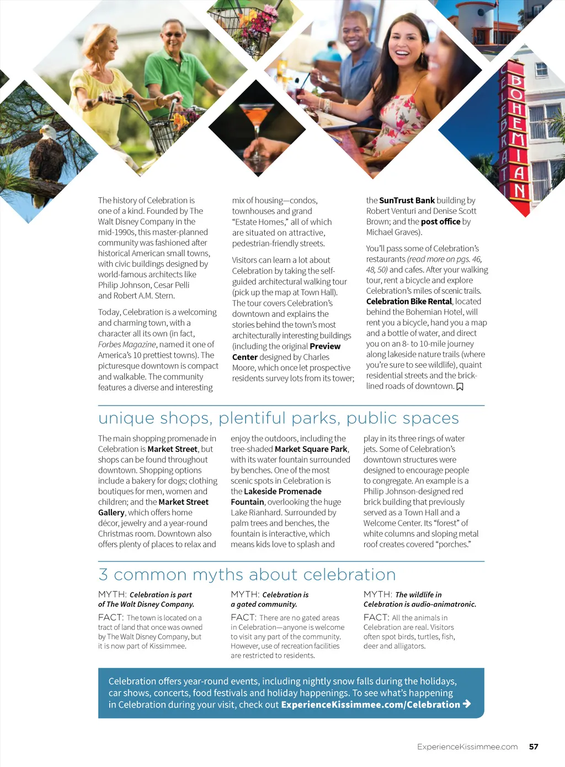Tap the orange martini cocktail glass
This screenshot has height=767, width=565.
(255, 118)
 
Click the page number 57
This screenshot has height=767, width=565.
(534, 747)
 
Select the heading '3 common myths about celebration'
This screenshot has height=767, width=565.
(247, 575)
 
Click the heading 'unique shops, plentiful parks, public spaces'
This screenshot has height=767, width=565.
(279, 418)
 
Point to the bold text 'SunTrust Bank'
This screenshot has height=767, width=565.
(407, 201)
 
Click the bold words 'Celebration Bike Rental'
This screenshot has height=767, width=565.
(409, 301)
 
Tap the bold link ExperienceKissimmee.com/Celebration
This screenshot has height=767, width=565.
(370, 705)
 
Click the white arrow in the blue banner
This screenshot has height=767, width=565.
(467, 704)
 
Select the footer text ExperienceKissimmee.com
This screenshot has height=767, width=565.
(467, 747)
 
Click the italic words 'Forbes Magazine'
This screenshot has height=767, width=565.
(127, 344)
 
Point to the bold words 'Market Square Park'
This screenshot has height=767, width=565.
(311, 449)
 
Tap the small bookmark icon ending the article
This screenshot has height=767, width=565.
(460, 386)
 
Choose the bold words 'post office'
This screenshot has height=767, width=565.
(440, 222)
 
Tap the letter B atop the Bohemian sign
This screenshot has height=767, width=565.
(516, 81)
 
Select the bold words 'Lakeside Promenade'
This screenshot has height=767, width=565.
(282, 491)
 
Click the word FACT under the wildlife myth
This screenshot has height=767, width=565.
(376, 618)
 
